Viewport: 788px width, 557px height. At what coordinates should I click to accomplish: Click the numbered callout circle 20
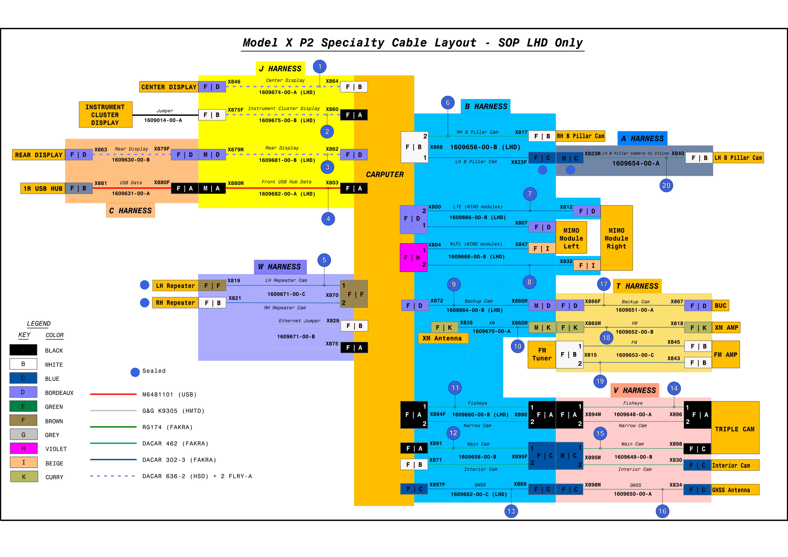[x=666, y=186]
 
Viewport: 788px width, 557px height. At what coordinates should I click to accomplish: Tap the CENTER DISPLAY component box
[x=169, y=87]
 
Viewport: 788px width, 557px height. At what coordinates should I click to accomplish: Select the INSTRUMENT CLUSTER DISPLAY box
[x=106, y=114]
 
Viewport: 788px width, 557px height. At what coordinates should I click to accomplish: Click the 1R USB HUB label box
[x=43, y=188]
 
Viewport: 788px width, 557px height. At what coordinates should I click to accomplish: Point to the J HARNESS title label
[x=281, y=69]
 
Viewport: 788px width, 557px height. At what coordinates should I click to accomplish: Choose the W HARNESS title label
[x=280, y=267]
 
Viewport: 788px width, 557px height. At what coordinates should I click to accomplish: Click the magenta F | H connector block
[x=413, y=258]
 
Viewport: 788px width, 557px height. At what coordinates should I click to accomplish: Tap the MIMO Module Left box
[x=571, y=238]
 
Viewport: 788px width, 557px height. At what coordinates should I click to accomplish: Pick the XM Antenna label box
[x=443, y=338]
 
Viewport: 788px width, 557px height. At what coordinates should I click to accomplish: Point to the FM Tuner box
[x=542, y=355]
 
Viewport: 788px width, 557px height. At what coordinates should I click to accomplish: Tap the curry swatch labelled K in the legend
[x=24, y=477]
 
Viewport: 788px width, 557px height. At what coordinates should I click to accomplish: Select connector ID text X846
[x=234, y=82]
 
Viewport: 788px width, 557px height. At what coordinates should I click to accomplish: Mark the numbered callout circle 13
[x=511, y=511]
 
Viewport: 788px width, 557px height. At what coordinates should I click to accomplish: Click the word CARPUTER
[x=385, y=175]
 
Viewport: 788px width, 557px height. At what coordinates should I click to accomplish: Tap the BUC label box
[x=720, y=306]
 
